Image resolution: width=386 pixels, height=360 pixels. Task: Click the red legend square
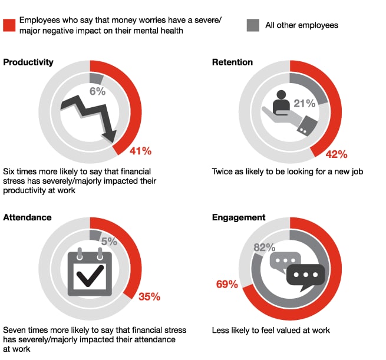pos(9,25)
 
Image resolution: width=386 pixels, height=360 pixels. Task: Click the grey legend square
pos(253,25)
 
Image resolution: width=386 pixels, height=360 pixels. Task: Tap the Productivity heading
pos(28,62)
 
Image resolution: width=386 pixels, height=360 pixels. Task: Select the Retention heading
pos(232,62)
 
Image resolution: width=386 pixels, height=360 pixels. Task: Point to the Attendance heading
pos(27,217)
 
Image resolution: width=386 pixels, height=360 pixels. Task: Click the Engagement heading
pos(239,217)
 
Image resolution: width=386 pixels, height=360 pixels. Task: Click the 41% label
pos(141,151)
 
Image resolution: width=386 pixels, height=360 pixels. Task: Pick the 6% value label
pos(97,91)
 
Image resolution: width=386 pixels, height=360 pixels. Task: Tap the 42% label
pos(336,154)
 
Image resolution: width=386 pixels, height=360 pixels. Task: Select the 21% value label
pos(305,104)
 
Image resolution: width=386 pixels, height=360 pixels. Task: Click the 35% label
pos(149,296)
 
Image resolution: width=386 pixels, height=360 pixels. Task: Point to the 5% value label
pos(108,241)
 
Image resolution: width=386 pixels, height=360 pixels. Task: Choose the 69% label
pos(226,285)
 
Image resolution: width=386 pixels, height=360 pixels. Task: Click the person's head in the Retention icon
pos(280,95)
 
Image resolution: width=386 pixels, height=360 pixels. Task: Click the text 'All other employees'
pos(301,25)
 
